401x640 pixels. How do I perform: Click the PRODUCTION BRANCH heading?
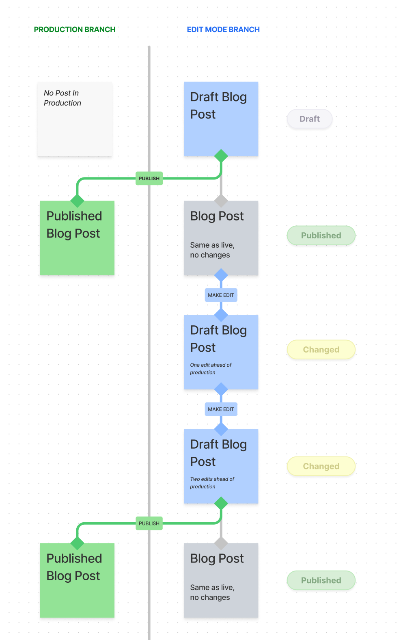pyautogui.click(x=75, y=30)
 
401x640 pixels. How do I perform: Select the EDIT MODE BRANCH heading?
pyautogui.click(x=223, y=30)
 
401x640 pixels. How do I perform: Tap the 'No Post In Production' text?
pyautogui.click(x=63, y=98)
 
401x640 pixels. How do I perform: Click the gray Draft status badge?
pyautogui.click(x=310, y=119)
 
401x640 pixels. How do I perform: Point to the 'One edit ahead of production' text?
pyautogui.click(x=211, y=369)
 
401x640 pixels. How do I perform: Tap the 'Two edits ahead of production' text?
pyautogui.click(x=212, y=483)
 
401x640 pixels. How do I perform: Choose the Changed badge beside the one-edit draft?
pyautogui.click(x=321, y=350)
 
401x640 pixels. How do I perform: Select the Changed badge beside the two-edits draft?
pyautogui.click(x=321, y=466)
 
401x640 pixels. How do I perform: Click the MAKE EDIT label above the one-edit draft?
pyautogui.click(x=221, y=295)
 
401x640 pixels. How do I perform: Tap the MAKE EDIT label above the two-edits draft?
pyautogui.click(x=221, y=409)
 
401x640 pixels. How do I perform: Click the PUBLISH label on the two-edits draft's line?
pyautogui.click(x=149, y=523)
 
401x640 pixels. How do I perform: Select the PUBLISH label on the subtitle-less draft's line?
pyautogui.click(x=149, y=179)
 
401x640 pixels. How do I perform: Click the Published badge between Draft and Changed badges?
pyautogui.click(x=321, y=236)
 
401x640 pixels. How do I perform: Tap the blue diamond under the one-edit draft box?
pyautogui.click(x=221, y=389)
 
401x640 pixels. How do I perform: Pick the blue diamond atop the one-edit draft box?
pyautogui.click(x=221, y=315)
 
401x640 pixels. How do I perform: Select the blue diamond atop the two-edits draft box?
pyautogui.click(x=221, y=429)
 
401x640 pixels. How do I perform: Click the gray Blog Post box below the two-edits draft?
pyautogui.click(x=221, y=580)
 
